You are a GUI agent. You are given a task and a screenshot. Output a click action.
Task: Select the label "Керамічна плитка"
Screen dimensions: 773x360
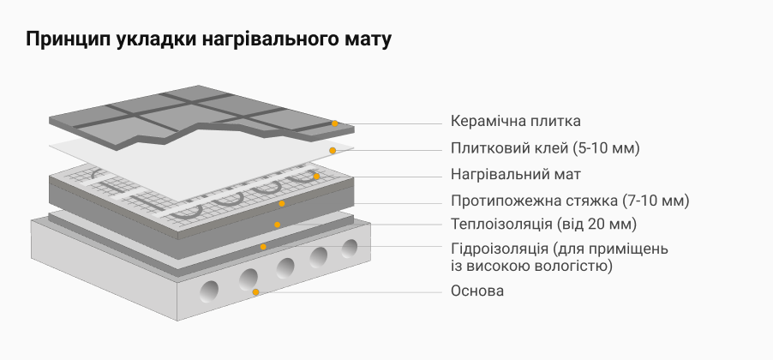click(516, 121)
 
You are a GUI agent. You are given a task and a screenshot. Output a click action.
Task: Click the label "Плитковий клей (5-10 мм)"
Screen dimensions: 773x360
click(545, 148)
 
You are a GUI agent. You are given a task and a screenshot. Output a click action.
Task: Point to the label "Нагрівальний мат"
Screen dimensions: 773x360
click(516, 175)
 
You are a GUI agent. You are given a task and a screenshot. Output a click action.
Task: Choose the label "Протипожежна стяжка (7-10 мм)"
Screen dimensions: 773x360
click(569, 201)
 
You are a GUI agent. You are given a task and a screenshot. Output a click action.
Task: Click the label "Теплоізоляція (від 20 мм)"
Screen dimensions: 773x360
click(544, 225)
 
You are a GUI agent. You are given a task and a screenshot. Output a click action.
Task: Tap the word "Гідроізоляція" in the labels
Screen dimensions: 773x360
click(500, 249)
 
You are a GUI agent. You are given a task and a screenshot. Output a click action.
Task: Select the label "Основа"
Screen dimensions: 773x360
click(477, 291)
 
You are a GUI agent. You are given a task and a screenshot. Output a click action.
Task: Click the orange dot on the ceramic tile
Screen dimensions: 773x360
click(335, 123)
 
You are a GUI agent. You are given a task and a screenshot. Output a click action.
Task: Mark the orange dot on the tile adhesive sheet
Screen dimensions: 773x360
click(333, 150)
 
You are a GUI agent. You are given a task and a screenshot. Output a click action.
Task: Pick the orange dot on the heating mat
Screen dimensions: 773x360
click(316, 176)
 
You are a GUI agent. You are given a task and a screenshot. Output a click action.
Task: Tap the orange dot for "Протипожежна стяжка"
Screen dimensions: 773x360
click(281, 203)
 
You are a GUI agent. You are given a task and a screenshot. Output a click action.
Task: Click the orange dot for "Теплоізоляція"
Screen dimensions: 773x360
click(278, 225)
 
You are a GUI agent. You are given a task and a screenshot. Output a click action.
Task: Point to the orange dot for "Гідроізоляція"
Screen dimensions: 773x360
click(263, 247)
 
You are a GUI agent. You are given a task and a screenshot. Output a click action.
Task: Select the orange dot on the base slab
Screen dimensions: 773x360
click(255, 292)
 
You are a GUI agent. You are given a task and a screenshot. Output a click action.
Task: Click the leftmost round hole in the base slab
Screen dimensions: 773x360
click(209, 291)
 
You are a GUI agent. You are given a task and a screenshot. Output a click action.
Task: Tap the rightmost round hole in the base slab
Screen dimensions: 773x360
click(350, 249)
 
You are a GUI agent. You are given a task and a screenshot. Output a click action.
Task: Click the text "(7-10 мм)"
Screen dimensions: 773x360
click(656, 201)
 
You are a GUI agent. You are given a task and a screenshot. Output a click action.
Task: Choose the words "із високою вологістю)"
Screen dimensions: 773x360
click(531, 267)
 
